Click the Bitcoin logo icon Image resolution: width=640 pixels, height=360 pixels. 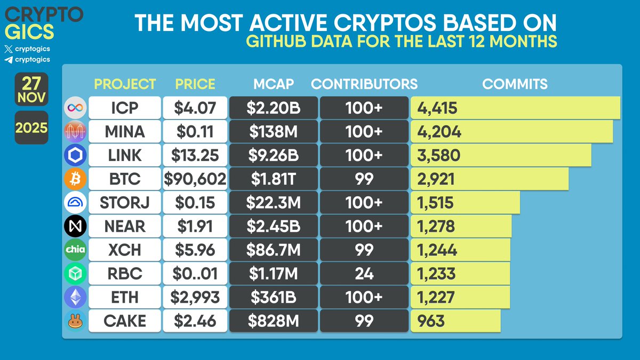(x=75, y=179)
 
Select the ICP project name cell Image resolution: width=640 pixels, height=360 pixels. (x=124, y=108)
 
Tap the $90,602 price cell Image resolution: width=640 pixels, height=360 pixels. (x=195, y=179)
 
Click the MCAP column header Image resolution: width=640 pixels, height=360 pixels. (x=273, y=84)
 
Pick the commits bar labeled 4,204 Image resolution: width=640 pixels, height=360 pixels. (x=511, y=131)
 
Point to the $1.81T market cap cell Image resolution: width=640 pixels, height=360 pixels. (x=273, y=179)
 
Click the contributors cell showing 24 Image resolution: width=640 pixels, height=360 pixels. (x=364, y=273)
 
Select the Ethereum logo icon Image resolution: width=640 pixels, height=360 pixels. (x=75, y=297)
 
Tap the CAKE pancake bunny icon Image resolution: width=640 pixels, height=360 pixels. (x=75, y=321)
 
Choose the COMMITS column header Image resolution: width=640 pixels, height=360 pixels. (x=515, y=84)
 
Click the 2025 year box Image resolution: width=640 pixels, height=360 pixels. (x=31, y=128)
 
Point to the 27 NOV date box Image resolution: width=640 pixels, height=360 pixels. (x=31, y=89)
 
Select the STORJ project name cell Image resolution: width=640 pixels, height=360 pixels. (x=124, y=202)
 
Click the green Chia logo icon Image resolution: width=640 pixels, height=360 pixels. (x=75, y=250)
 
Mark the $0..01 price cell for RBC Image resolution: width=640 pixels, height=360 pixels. (x=195, y=273)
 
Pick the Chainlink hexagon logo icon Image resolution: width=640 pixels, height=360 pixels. (x=75, y=155)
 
